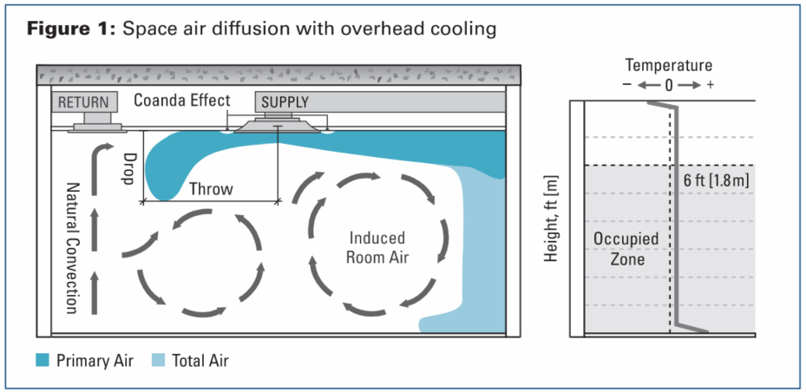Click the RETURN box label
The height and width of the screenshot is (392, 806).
84,101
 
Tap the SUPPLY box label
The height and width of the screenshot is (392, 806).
285,101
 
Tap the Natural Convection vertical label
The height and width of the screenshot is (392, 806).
74,247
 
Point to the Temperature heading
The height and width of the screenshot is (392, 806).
669,65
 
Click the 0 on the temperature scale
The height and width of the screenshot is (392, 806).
669,86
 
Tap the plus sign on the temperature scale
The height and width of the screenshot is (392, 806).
711,86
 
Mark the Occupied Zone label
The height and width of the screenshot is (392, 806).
626,247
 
